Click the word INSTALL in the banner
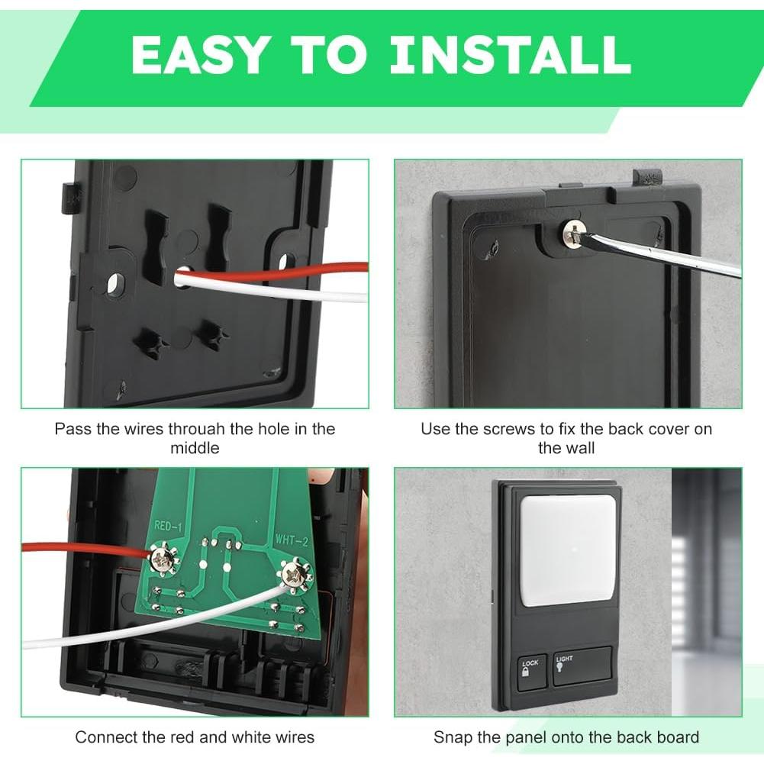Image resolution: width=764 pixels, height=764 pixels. pyautogui.click(x=510, y=54)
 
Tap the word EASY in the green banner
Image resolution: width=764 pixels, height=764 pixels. pyautogui.click(x=198, y=54)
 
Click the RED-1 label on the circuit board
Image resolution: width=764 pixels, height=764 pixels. pyautogui.click(x=168, y=526)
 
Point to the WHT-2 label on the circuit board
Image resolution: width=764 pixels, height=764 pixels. pyautogui.click(x=292, y=540)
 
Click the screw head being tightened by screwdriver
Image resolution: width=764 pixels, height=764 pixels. pyautogui.click(x=574, y=233)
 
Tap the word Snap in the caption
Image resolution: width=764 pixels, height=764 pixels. pyautogui.click(x=453, y=737)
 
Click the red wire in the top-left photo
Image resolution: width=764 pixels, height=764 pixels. pyautogui.click(x=273, y=273)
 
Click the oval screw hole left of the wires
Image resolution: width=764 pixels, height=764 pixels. pyautogui.click(x=115, y=284)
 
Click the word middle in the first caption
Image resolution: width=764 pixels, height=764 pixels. pyautogui.click(x=195, y=448)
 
